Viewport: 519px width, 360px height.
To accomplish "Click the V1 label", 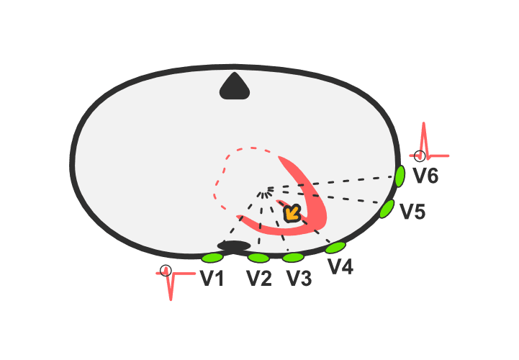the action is (212, 278).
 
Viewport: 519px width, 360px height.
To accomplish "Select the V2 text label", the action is (259, 278).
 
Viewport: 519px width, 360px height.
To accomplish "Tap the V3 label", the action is (299, 278).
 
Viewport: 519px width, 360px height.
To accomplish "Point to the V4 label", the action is (340, 266).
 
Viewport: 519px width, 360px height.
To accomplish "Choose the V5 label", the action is (412, 211).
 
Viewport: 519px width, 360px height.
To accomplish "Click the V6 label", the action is (425, 176).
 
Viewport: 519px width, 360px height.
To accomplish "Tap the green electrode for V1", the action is (212, 258).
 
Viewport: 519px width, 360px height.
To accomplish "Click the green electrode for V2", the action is (258, 258).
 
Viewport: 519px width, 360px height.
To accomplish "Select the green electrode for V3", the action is (293, 257).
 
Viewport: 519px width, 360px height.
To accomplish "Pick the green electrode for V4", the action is (335, 248).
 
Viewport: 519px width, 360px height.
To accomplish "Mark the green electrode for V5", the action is (387, 209).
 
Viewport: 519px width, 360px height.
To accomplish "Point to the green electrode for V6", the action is (400, 176).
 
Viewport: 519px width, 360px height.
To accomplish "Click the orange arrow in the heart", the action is (292, 214).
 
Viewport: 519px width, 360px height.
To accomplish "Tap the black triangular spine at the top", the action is (235, 87).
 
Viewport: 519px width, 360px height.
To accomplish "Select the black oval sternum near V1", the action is (234, 246).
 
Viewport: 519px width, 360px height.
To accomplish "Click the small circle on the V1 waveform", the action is (166, 271).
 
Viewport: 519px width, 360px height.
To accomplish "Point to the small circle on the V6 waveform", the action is (420, 156).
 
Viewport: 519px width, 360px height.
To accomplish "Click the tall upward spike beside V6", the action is (424, 139).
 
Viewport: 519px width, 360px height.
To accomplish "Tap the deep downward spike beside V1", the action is (171, 286).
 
